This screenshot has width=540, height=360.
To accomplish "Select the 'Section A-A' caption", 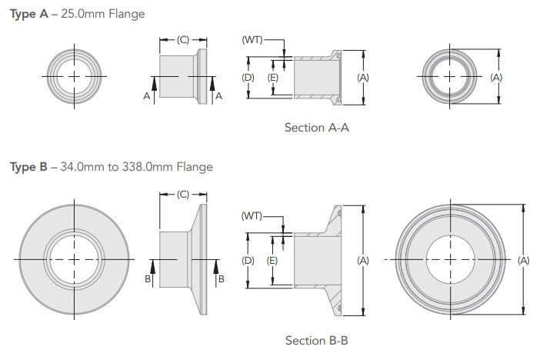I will tap(316, 127).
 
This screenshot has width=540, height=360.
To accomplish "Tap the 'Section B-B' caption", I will tap(316, 340).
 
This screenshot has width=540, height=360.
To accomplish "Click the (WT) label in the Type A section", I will tap(253, 38).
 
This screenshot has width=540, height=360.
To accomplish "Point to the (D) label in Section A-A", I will tap(248, 78).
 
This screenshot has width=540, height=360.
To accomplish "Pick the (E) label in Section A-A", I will tap(272, 78).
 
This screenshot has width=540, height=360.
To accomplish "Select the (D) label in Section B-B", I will tap(248, 261).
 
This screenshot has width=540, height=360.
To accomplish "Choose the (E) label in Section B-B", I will tap(272, 261).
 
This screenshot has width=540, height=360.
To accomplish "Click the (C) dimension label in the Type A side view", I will tap(183, 38).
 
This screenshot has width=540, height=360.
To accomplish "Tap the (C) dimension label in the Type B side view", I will tap(183, 194).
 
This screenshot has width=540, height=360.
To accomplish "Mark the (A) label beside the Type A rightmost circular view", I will tap(496, 78).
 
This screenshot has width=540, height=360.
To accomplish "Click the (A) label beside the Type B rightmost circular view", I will tap(524, 261).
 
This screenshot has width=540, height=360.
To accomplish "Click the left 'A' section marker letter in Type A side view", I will tap(146, 95).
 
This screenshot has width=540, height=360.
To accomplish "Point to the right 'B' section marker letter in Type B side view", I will tap(221, 278).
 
